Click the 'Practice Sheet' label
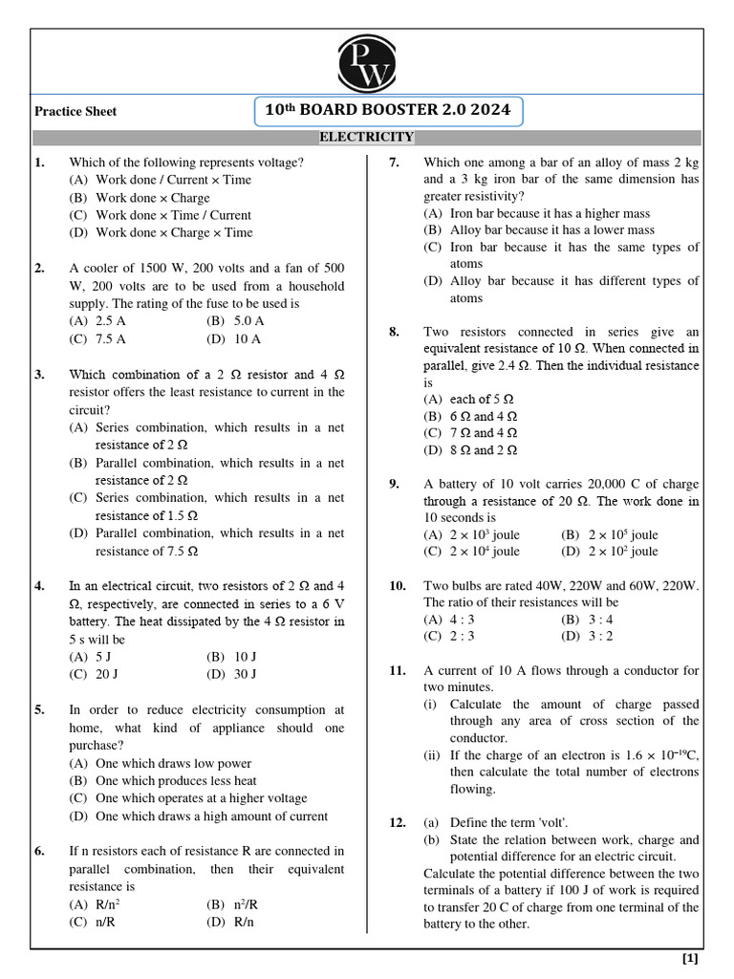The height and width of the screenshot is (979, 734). (x=76, y=112)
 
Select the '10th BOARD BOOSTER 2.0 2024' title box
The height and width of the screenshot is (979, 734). (x=389, y=111)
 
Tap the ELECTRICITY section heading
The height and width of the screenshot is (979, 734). (x=366, y=138)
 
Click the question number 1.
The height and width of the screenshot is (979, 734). (x=39, y=163)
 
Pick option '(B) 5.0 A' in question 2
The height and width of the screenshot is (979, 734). (x=235, y=321)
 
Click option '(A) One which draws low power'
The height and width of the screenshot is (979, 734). (x=161, y=763)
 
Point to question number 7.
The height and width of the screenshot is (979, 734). (x=394, y=163)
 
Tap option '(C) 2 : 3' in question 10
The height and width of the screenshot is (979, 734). (x=449, y=636)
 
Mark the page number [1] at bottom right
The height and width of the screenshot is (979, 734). (x=690, y=958)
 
